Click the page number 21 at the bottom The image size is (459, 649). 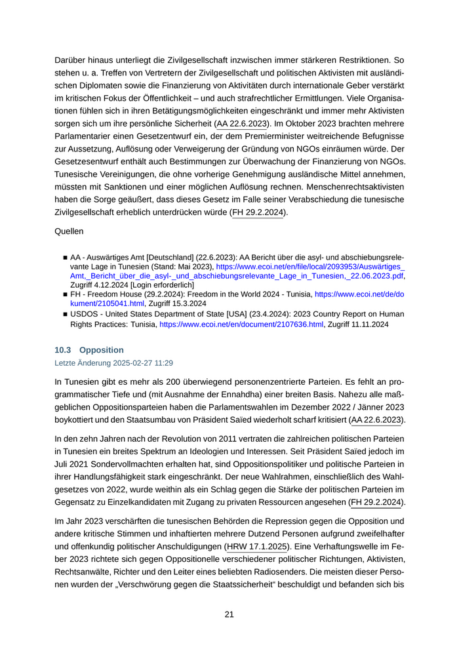pyautogui.click(x=229, y=614)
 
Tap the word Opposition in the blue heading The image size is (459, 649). pyautogui.click(x=101, y=350)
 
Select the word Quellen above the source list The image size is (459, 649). pyautogui.click(x=69, y=231)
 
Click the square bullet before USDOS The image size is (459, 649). pyautogui.click(x=65, y=315)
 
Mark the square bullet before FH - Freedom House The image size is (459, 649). pyautogui.click(x=65, y=295)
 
